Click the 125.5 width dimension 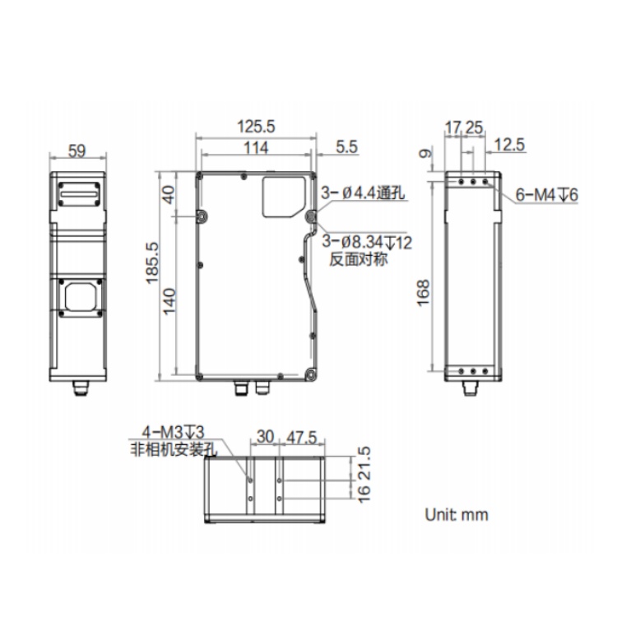256,127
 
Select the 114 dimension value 256,148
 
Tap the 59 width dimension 77,151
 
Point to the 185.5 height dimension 153,263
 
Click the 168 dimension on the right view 423,293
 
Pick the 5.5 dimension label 346,147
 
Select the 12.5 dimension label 509,145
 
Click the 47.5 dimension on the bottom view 301,438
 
